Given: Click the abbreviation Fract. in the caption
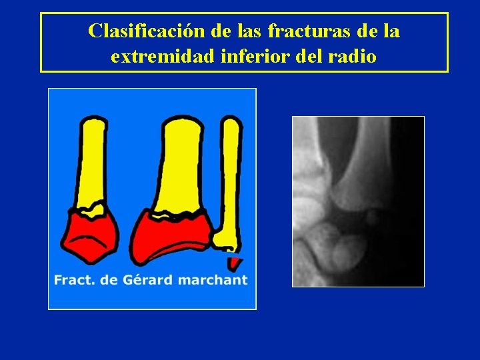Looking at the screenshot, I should click(74, 280).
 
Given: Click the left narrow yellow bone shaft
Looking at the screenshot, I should click(93, 160).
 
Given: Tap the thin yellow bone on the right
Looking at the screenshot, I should click(231, 180).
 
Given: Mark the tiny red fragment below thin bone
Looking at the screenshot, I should click(233, 263).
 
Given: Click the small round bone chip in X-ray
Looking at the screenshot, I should click(373, 216).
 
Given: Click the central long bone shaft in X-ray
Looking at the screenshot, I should click(357, 160).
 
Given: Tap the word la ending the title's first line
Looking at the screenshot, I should click(392, 31).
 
